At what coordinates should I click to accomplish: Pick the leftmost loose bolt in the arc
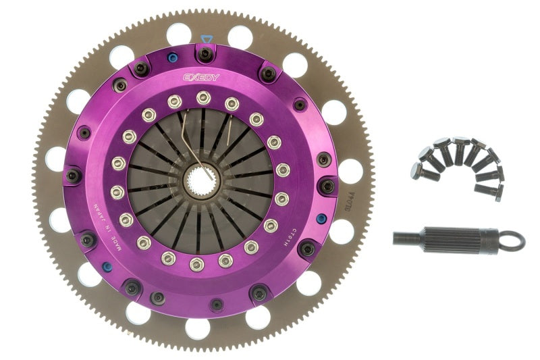click(417, 170)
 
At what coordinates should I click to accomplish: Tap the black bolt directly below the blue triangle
click(205, 53)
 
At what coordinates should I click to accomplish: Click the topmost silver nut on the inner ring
click(203, 98)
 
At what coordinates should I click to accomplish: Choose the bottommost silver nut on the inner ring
click(196, 263)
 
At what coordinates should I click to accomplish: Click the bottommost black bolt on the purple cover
click(216, 305)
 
